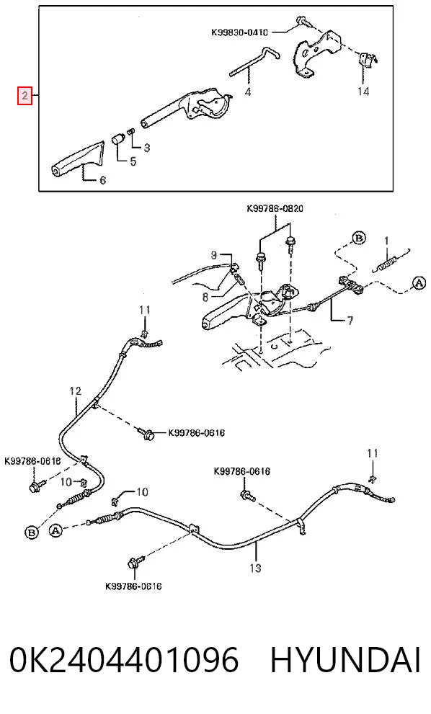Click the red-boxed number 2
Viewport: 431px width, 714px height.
tap(25, 95)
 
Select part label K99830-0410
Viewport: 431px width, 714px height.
tap(239, 32)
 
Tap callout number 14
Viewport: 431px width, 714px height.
tap(363, 92)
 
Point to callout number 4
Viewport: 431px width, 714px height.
tap(247, 92)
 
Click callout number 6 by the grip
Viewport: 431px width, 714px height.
tap(102, 180)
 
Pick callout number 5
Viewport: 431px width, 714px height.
tap(133, 161)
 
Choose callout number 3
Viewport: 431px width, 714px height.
tap(147, 148)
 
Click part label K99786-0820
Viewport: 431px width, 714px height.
tap(275, 208)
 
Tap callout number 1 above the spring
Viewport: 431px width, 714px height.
tap(386, 240)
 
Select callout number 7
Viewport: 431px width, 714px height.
tap(350, 321)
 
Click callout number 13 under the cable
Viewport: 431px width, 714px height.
tap(255, 568)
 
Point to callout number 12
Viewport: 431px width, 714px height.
tap(76, 391)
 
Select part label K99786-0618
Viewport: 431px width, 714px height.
tap(32, 461)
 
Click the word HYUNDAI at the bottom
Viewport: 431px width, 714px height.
tap(346, 660)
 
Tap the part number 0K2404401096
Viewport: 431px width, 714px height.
tap(124, 660)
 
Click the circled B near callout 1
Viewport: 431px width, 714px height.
tap(359, 238)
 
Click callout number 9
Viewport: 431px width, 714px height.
tap(213, 256)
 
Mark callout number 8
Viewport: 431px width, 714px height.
tap(205, 298)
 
